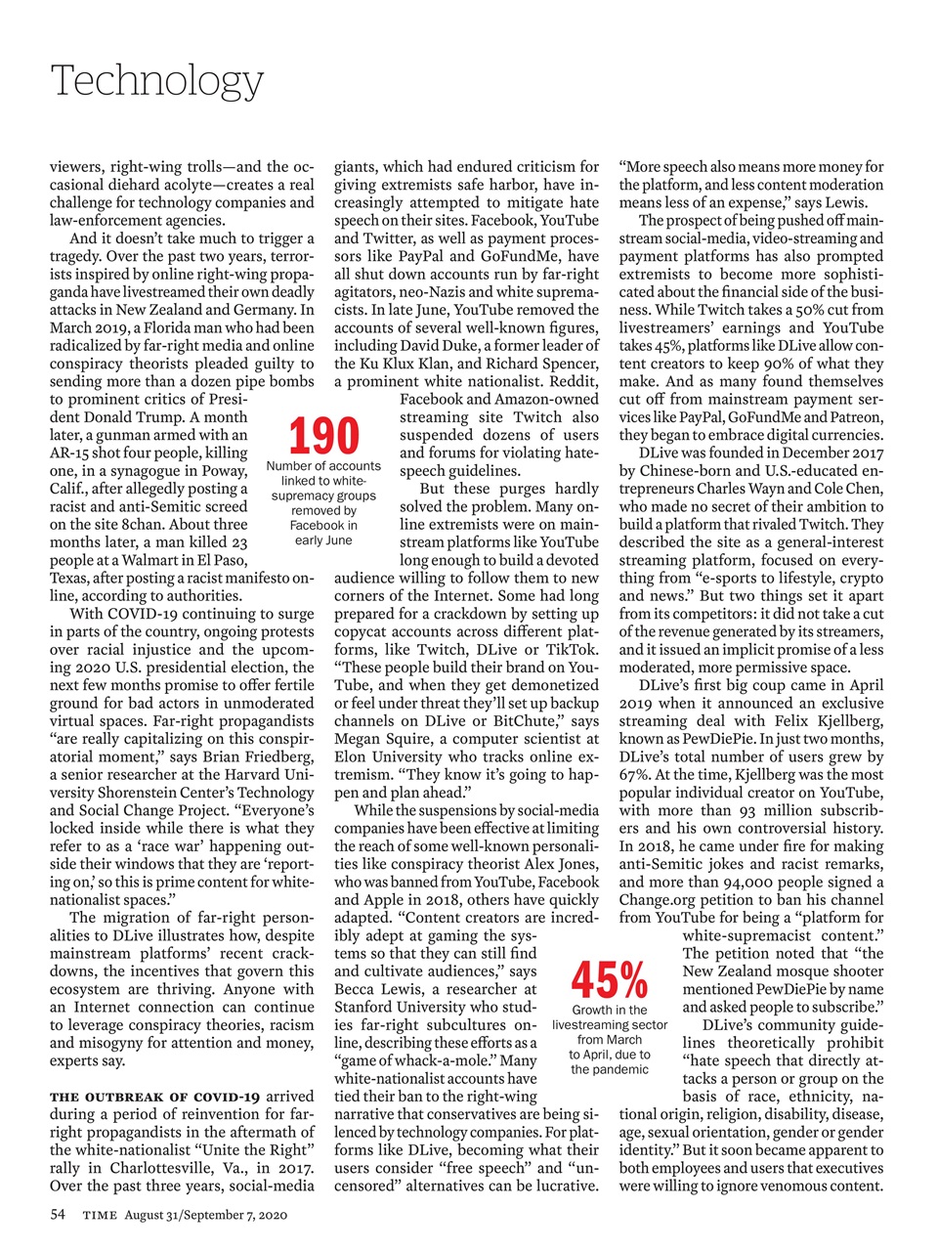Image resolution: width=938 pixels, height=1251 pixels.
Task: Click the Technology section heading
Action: click(x=156, y=80)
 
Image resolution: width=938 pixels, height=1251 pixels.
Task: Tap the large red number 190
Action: click(x=323, y=436)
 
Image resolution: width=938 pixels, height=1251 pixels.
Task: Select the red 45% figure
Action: click(x=610, y=978)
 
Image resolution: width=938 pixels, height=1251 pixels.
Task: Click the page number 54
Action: click(x=58, y=1214)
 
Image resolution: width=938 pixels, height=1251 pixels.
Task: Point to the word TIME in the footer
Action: click(x=100, y=1215)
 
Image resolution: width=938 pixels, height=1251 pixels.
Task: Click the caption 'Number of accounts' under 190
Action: click(x=323, y=466)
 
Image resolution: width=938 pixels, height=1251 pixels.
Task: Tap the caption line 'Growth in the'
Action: click(x=610, y=1010)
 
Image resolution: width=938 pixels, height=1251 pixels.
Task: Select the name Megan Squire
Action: click(x=376, y=739)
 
